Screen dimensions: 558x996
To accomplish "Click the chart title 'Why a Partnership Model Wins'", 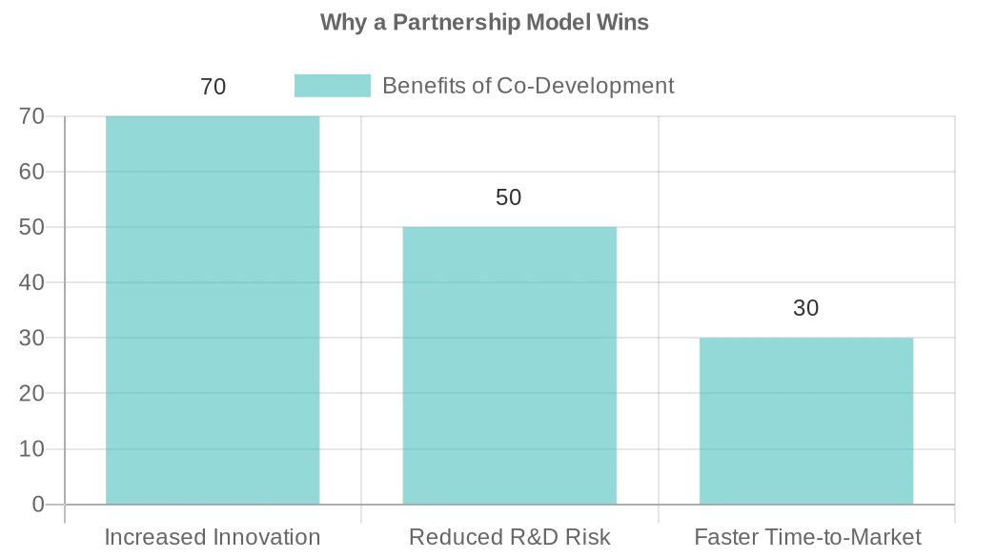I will (x=484, y=22).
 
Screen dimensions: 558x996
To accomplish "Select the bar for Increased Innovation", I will (x=213, y=310).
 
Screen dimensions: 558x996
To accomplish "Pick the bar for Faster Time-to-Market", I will (x=806, y=421).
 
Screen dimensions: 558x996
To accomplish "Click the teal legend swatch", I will (x=332, y=86).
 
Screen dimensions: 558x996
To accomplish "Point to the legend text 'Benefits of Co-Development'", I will (x=528, y=86).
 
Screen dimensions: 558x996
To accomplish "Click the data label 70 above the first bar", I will (x=213, y=87).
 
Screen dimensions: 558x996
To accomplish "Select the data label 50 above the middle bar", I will (x=509, y=197).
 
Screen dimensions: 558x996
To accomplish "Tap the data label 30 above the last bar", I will (x=806, y=308).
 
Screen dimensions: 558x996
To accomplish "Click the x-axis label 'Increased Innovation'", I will (x=213, y=537).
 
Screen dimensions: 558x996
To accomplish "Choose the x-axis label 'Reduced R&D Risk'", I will (x=509, y=537).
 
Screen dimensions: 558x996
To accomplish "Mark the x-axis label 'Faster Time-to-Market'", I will (x=807, y=537).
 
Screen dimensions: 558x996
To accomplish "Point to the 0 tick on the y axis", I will (x=38, y=505).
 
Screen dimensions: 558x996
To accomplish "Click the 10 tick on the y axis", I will (x=32, y=449).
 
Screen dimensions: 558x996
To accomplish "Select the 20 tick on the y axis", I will (x=32, y=394).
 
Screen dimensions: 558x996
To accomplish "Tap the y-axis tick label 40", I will (x=32, y=283).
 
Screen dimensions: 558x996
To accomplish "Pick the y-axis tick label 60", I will (x=32, y=173).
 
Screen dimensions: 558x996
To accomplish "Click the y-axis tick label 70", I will (x=32, y=117).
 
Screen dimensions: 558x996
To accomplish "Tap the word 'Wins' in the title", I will (x=624, y=22).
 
